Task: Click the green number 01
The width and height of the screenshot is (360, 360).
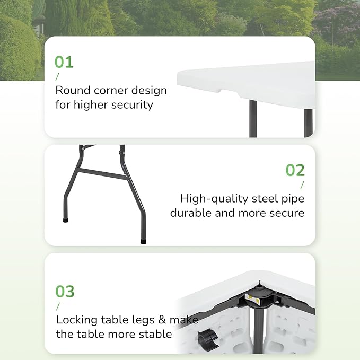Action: tap(64, 62)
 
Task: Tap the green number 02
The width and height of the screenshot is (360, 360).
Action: tap(295, 170)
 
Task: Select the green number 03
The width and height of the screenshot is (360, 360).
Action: tap(65, 291)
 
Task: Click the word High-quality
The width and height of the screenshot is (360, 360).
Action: tap(212, 199)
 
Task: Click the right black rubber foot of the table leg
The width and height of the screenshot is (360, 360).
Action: tap(144, 240)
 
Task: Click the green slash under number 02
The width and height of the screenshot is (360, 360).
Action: tap(303, 185)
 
